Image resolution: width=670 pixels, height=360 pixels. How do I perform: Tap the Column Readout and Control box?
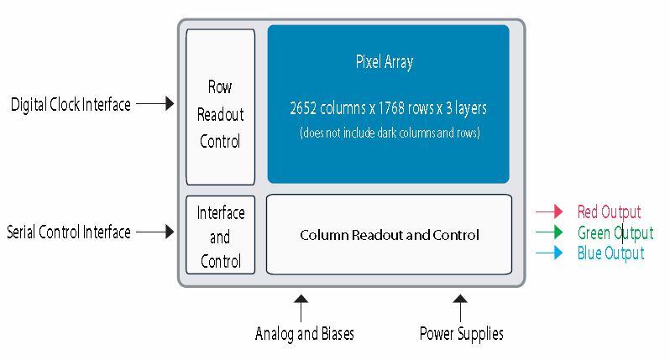point(389,235)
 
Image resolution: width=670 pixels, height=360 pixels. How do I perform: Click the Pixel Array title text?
point(385,62)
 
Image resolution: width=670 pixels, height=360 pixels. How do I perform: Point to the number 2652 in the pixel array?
point(304,109)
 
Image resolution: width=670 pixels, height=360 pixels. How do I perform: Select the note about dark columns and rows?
point(390,133)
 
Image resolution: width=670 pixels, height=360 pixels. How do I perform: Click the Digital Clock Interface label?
point(71,105)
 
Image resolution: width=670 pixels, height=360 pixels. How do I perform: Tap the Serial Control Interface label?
point(69,232)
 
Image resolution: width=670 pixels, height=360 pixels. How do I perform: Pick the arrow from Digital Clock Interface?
point(154,104)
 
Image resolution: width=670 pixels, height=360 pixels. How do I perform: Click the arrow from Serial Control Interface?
point(154,232)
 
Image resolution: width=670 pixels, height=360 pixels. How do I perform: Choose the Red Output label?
point(609,212)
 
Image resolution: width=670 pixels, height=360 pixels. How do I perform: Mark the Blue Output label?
point(610,253)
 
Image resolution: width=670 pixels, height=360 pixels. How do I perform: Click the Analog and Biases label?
point(304,334)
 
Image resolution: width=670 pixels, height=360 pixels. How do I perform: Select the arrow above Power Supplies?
point(460,305)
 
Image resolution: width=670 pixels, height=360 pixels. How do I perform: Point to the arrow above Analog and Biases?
point(301,305)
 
